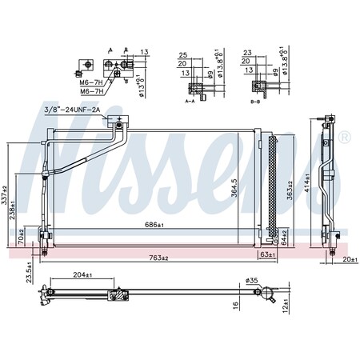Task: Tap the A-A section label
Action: tap(190, 102)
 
